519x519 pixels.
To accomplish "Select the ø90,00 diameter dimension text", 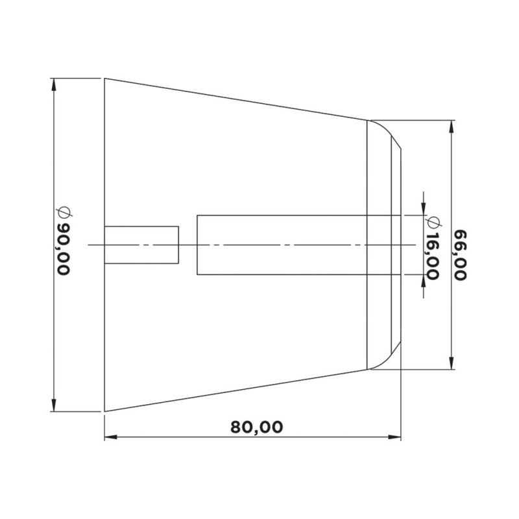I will click(x=64, y=241).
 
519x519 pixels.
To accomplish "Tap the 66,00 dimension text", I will click(x=461, y=254).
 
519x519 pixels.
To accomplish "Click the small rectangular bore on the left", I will click(x=141, y=245).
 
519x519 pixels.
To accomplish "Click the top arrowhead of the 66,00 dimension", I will click(x=452, y=125).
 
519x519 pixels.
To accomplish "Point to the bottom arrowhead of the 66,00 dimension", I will click(x=452, y=365).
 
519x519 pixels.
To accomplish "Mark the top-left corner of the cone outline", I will click(x=105, y=79).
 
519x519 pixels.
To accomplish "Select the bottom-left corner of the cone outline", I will click(x=105, y=411).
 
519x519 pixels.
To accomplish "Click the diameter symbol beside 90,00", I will click(x=64, y=212).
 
